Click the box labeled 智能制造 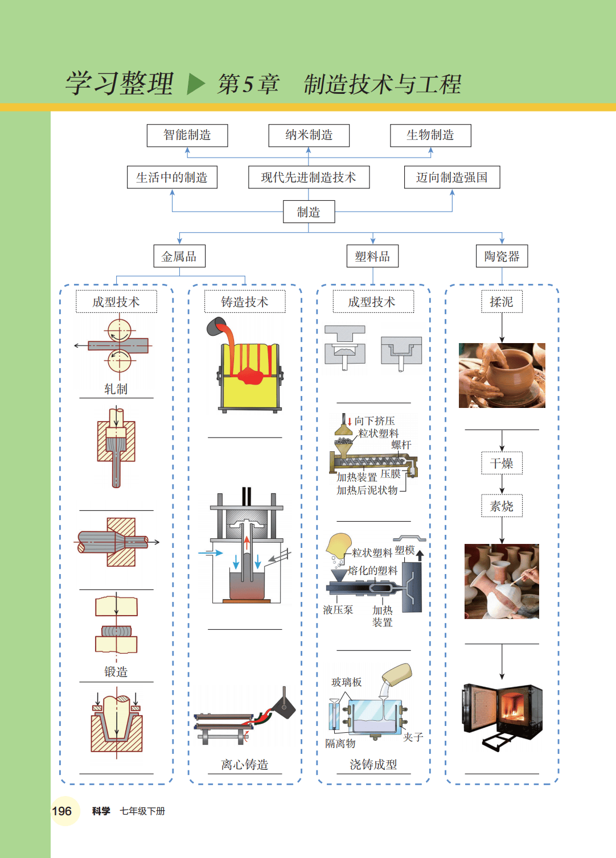point(187,135)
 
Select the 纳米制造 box point(309,135)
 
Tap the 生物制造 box point(430,135)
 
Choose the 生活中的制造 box point(172,178)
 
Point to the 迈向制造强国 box point(452,178)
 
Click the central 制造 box point(309,212)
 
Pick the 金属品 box point(179,257)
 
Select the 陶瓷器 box point(502,257)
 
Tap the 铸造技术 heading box point(245,302)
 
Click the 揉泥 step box point(502,302)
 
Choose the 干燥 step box point(502,464)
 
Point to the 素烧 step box point(502,506)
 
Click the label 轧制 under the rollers point(116,389)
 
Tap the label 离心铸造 point(245,765)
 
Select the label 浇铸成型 point(373,765)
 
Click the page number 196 point(62,811)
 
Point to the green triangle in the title point(195,84)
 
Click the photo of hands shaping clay point(502,376)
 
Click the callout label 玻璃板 point(347,682)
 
